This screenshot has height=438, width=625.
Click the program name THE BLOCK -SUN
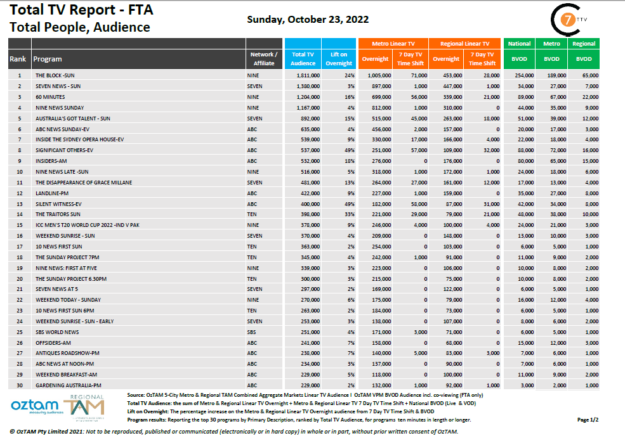pyautogui.click(x=55, y=75)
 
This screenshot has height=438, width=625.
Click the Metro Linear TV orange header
pyautogui.click(x=393, y=44)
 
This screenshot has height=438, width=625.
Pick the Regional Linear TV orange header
pyautogui.click(x=464, y=44)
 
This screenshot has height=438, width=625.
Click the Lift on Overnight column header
pyautogui.click(x=339, y=59)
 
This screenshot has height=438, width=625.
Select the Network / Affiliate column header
pyautogui.click(x=264, y=59)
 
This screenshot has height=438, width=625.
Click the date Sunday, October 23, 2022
pyautogui.click(x=308, y=20)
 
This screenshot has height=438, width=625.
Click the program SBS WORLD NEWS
pyautogui.click(x=57, y=332)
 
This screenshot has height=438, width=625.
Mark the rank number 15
pyautogui.click(x=20, y=224)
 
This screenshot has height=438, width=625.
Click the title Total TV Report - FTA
pyautogui.click(x=82, y=11)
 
